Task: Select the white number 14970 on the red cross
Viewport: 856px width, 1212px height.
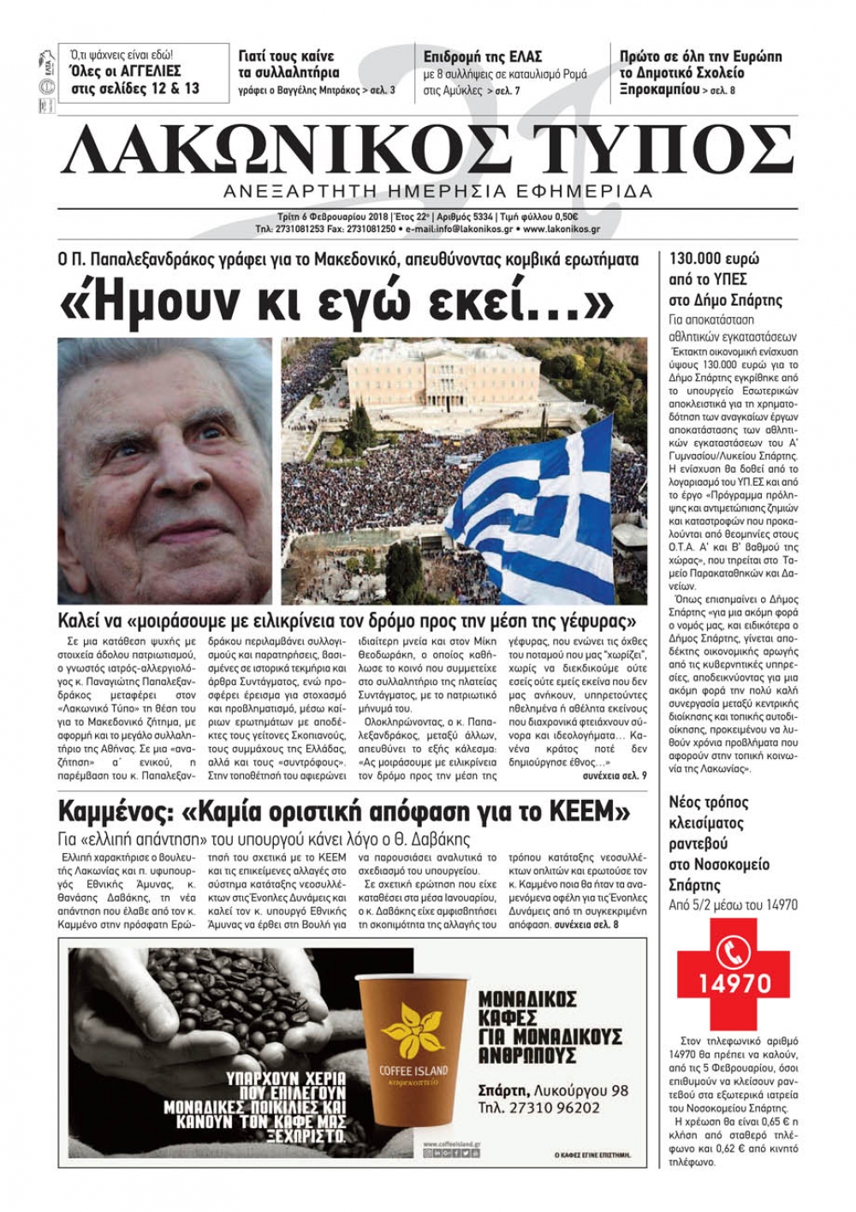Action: (734, 982)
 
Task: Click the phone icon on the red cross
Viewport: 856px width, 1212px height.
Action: (734, 950)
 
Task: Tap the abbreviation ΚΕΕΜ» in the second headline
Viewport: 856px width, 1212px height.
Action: (590, 810)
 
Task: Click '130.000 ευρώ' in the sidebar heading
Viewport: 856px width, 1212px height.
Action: (714, 259)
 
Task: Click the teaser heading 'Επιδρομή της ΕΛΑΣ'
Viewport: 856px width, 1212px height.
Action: (484, 57)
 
